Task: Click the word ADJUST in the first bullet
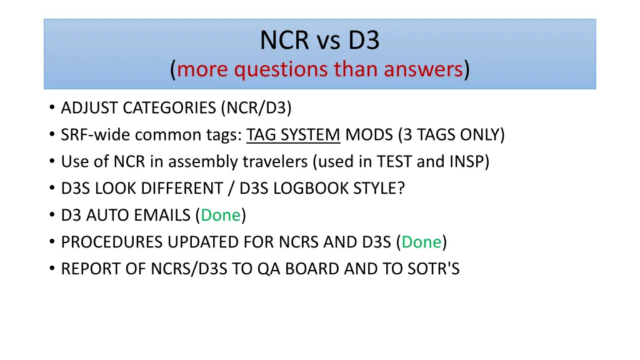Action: tap(84, 108)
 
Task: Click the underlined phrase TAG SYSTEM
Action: tap(294, 135)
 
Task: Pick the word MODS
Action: tap(366, 135)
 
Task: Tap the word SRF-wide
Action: tap(95, 135)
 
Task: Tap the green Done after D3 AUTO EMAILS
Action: tap(221, 216)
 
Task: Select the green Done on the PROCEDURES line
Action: tap(422, 242)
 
